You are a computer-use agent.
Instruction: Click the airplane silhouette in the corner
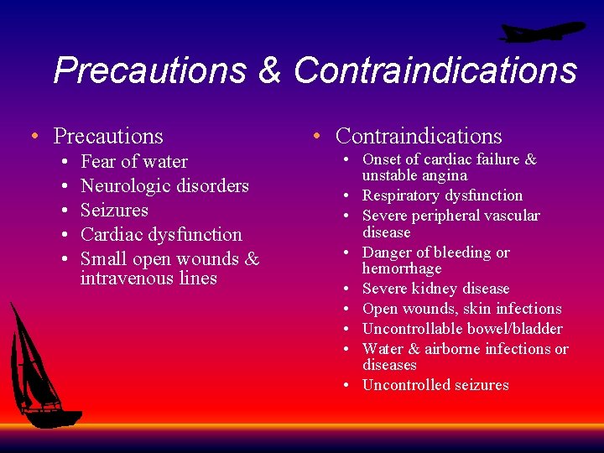click(x=541, y=33)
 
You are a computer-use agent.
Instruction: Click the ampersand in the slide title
click(x=269, y=70)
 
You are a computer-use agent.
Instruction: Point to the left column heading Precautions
click(x=108, y=136)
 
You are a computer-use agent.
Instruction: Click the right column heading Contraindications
click(x=419, y=136)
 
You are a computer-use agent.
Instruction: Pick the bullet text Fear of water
click(x=134, y=161)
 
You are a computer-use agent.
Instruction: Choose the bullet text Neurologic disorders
click(x=164, y=185)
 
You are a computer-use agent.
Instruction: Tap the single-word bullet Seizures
click(x=114, y=210)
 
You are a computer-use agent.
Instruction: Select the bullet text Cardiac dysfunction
click(x=161, y=234)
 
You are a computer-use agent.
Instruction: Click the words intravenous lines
click(x=148, y=278)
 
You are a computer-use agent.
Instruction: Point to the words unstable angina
click(x=414, y=175)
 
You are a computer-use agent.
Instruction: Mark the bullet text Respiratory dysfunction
click(x=442, y=195)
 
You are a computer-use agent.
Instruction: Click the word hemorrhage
click(x=402, y=268)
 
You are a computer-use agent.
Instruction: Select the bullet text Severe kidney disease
click(x=435, y=289)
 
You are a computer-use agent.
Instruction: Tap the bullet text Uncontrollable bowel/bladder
click(x=462, y=329)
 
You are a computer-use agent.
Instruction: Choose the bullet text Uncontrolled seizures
click(x=435, y=385)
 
